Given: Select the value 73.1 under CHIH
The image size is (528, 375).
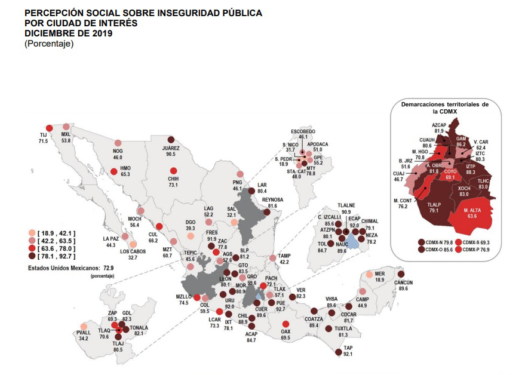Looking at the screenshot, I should click(173, 185).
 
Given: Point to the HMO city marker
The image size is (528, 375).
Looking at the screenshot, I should click(113, 174).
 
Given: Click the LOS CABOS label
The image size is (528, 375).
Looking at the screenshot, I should click(133, 251).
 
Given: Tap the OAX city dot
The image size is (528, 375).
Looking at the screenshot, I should click(286, 325).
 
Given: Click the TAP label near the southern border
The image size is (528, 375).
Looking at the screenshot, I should click(348, 348).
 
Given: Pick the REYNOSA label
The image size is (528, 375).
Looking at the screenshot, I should click(272, 198).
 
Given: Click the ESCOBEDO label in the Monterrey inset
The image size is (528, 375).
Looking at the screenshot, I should click(303, 131).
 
